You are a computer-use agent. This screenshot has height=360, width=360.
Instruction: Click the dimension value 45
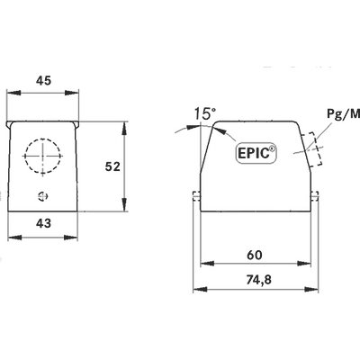(x=44, y=81)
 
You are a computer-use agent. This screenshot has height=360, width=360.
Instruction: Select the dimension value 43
(x=44, y=223)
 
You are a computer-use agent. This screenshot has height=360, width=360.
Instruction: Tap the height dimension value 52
(x=112, y=166)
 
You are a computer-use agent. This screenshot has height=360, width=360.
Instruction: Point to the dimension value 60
(x=255, y=255)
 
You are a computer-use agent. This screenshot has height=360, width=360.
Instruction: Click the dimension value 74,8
(x=259, y=280)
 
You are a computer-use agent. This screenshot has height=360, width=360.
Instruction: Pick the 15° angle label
(x=205, y=113)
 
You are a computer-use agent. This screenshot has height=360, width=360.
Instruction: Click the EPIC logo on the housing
(x=256, y=153)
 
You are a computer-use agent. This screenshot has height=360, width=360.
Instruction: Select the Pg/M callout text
(x=343, y=113)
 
